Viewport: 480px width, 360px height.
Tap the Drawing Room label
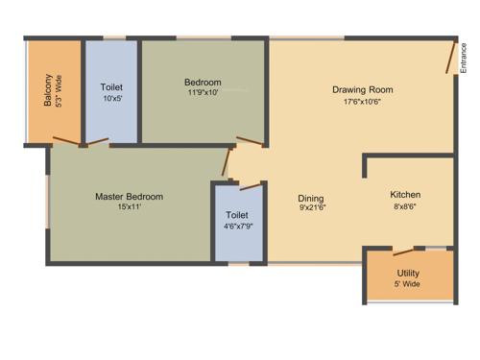tap(362, 90)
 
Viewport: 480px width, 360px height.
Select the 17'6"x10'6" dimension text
tap(363, 102)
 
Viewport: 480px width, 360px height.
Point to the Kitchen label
tap(405, 194)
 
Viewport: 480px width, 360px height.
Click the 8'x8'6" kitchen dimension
tap(405, 205)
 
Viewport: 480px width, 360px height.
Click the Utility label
tap(407, 274)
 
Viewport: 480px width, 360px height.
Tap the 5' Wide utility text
tap(407, 285)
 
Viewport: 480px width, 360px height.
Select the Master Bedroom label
tap(129, 197)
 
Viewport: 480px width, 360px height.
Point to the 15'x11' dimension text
tap(129, 207)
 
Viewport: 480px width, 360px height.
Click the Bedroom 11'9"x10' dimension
tap(203, 94)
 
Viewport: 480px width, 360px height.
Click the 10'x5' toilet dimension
tap(112, 97)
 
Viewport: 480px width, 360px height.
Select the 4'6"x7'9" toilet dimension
tap(237, 228)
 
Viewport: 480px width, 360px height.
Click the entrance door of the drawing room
tap(449, 57)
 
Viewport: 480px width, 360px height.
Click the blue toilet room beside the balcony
tap(112, 91)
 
